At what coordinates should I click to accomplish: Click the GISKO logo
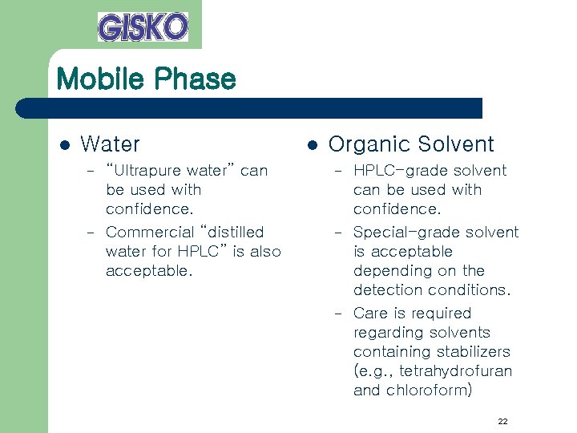(143, 26)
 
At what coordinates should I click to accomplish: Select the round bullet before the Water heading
(65, 145)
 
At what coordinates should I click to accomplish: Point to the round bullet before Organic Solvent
(313, 145)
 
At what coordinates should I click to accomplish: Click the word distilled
(234, 232)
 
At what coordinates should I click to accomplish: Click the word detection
(388, 290)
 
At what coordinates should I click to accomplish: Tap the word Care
(371, 313)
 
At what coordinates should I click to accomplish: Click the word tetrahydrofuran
(455, 371)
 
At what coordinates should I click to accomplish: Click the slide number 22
(502, 421)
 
